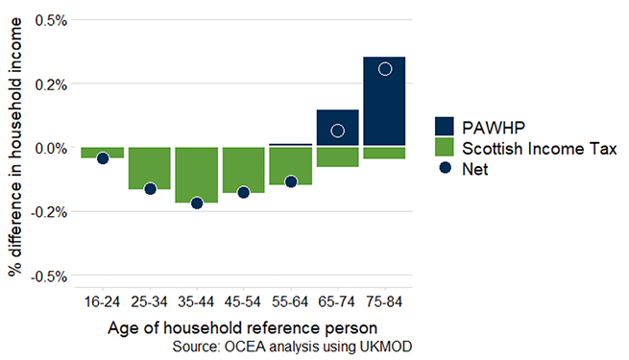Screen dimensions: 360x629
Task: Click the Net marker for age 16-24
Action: pos(103,158)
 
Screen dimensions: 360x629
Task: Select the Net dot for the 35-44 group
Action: pos(197,203)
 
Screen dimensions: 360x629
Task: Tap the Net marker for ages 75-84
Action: pos(385,69)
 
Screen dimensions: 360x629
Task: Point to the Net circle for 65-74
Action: pos(338,131)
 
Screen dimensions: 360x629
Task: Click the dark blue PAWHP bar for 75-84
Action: pos(385,101)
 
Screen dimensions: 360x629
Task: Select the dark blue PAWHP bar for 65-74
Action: pos(338,128)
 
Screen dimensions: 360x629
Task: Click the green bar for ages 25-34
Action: pos(150,168)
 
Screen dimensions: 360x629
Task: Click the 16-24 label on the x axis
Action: pos(103,300)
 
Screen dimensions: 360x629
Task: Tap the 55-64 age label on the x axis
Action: pos(291,300)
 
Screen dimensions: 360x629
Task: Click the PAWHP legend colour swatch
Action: pos(443,127)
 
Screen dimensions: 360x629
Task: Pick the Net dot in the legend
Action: pos(443,169)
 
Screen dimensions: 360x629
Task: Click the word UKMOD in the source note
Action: pos(387,345)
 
